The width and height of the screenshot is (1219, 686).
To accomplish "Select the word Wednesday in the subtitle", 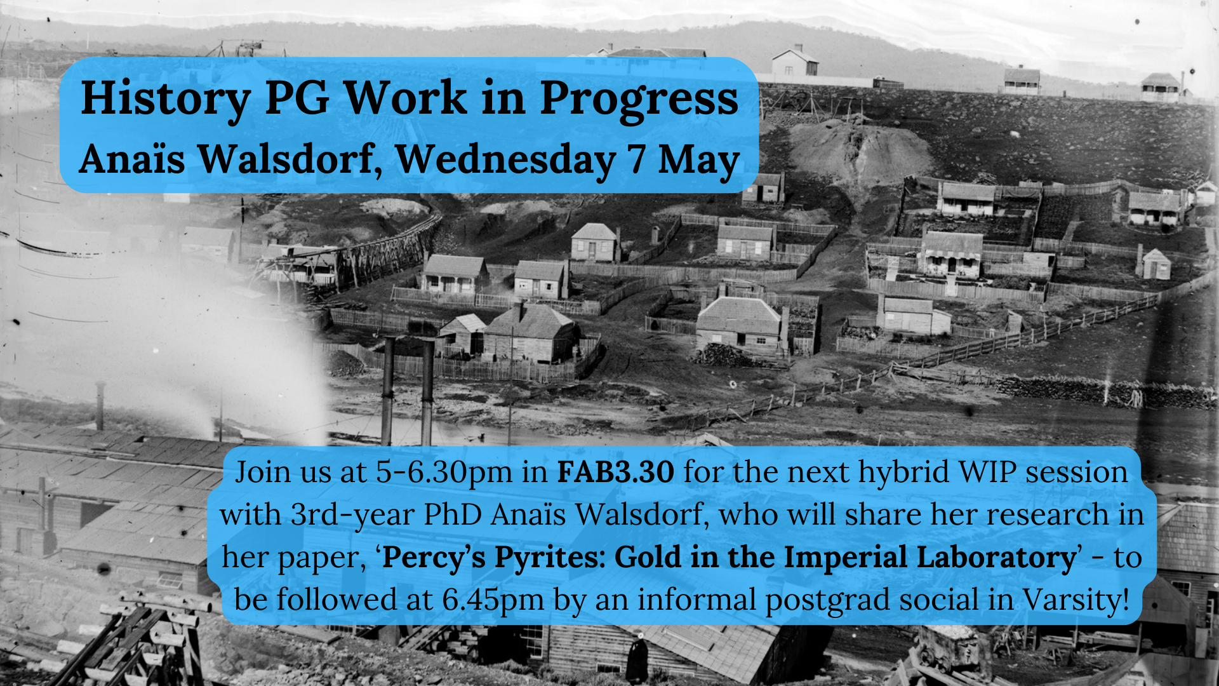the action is [x=505, y=159].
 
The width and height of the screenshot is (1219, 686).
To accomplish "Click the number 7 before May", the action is [x=637, y=159].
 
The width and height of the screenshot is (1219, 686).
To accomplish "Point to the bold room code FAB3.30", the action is [x=615, y=472].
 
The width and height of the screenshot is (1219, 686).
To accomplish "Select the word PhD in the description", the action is [x=453, y=514].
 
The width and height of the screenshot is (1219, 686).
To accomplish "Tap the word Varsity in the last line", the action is [x=1076, y=600].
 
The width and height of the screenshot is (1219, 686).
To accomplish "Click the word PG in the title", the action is [x=297, y=99].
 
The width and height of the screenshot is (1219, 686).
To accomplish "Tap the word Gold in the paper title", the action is [x=646, y=557].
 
